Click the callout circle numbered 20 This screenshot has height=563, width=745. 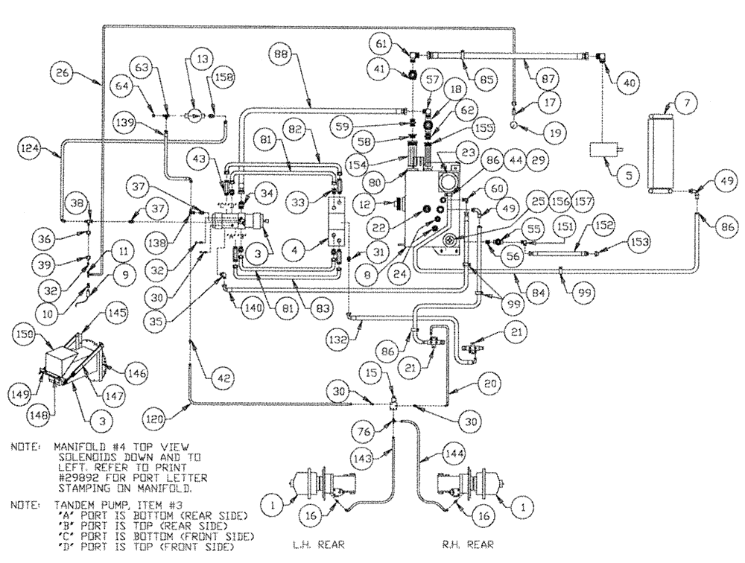469,385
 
